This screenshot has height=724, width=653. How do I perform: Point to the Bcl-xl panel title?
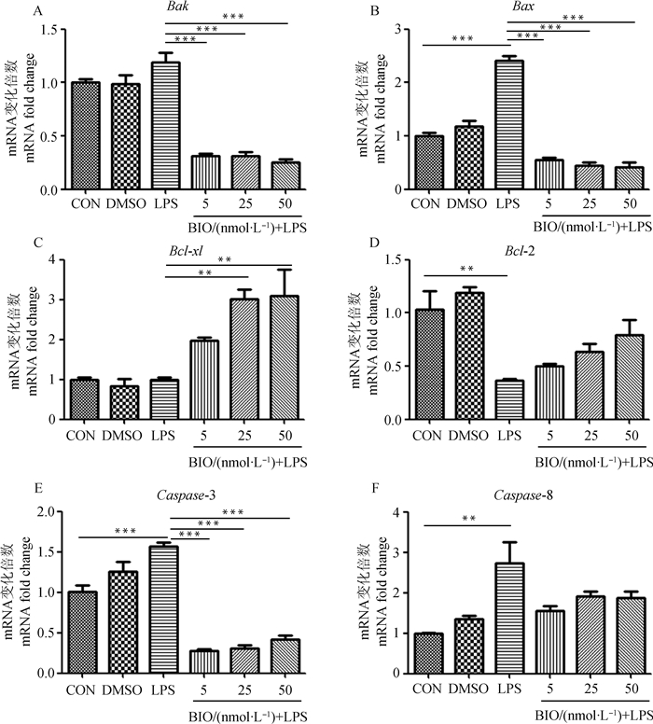pos(188,242)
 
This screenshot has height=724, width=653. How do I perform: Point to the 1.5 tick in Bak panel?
pos(43,30)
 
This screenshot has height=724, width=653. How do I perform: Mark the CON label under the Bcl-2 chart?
pos(424,437)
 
